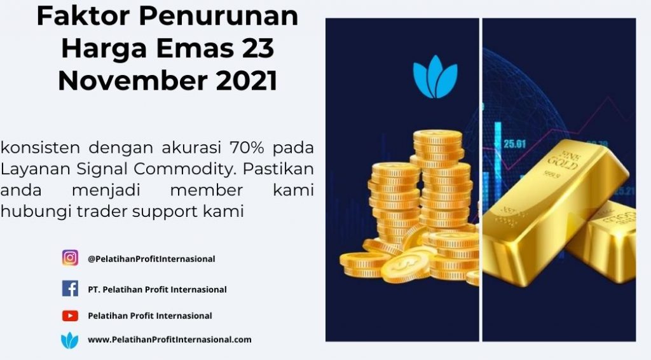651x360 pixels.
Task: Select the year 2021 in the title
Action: point(247,81)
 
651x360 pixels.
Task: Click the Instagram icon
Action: point(70,258)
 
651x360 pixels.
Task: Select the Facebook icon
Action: point(70,288)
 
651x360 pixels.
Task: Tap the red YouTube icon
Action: point(70,315)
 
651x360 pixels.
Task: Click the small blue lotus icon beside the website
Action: point(69,340)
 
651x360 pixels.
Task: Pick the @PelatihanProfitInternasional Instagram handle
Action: point(151,259)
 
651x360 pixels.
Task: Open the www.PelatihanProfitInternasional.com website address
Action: point(169,340)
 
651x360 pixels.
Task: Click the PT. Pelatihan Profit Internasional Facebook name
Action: point(157,289)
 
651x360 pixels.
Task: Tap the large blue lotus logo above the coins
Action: point(435,77)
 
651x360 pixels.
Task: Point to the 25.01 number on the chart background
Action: point(514,144)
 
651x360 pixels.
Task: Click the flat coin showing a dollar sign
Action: point(406,266)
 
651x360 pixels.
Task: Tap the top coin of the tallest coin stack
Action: point(437,136)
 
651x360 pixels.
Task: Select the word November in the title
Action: point(133,81)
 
